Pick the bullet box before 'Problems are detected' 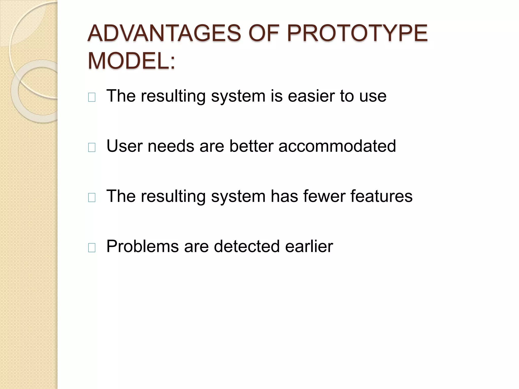[x=92, y=248]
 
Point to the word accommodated [x=337, y=146]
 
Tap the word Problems [x=142, y=246]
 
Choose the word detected [x=247, y=246]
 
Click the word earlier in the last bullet [x=309, y=246]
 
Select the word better [x=251, y=146]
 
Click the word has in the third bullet [x=284, y=196]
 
